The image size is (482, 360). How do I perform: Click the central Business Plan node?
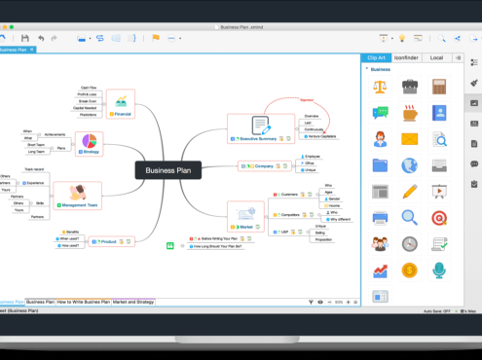(x=161, y=170)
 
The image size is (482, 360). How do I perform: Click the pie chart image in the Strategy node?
(x=90, y=145)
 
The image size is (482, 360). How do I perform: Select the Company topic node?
(x=260, y=166)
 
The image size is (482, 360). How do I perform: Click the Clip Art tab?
(x=375, y=57)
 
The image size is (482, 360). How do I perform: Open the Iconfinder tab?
(x=407, y=57)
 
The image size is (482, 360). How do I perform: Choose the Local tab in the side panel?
(x=436, y=57)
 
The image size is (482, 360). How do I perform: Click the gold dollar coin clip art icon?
(x=409, y=270)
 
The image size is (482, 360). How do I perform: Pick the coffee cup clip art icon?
(x=409, y=87)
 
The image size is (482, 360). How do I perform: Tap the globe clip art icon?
(x=409, y=164)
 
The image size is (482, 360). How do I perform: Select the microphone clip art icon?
(x=438, y=270)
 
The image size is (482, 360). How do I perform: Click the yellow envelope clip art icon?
(x=409, y=138)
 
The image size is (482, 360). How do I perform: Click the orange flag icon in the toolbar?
(x=154, y=38)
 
